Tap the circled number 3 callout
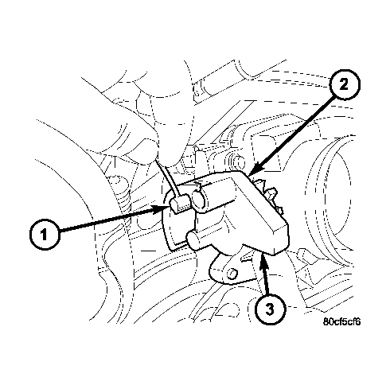pos(268,309)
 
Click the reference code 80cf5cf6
pos(342,322)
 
